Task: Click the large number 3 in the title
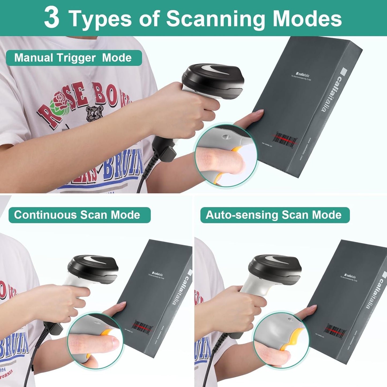click(x=52, y=18)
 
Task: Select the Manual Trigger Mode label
click(x=73, y=58)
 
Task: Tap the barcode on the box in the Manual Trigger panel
click(x=286, y=140)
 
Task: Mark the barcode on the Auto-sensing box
click(x=335, y=331)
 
